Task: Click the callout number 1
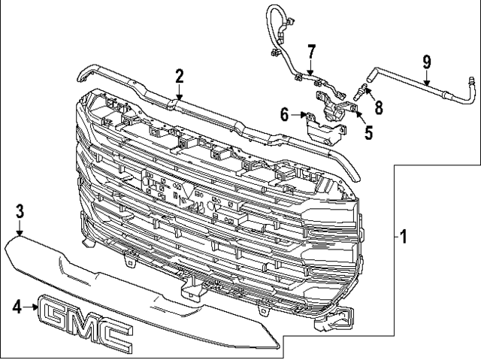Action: pos(403,238)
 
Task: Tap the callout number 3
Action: pos(20,211)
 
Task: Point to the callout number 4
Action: pos(17,306)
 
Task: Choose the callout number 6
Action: pos(284,114)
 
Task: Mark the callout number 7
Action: pos(310,52)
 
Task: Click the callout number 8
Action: pos(379,107)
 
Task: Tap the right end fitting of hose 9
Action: pos(471,80)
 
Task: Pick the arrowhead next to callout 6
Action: pos(301,115)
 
